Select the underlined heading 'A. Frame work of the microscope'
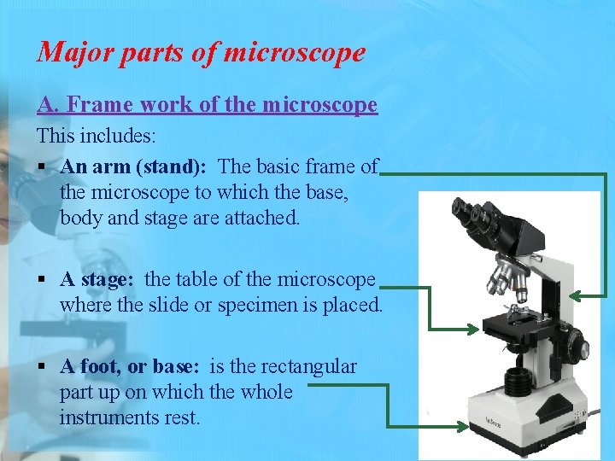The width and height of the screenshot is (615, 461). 207,105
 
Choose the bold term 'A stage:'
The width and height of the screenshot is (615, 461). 98,279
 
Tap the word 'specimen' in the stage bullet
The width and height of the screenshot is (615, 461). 274,305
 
